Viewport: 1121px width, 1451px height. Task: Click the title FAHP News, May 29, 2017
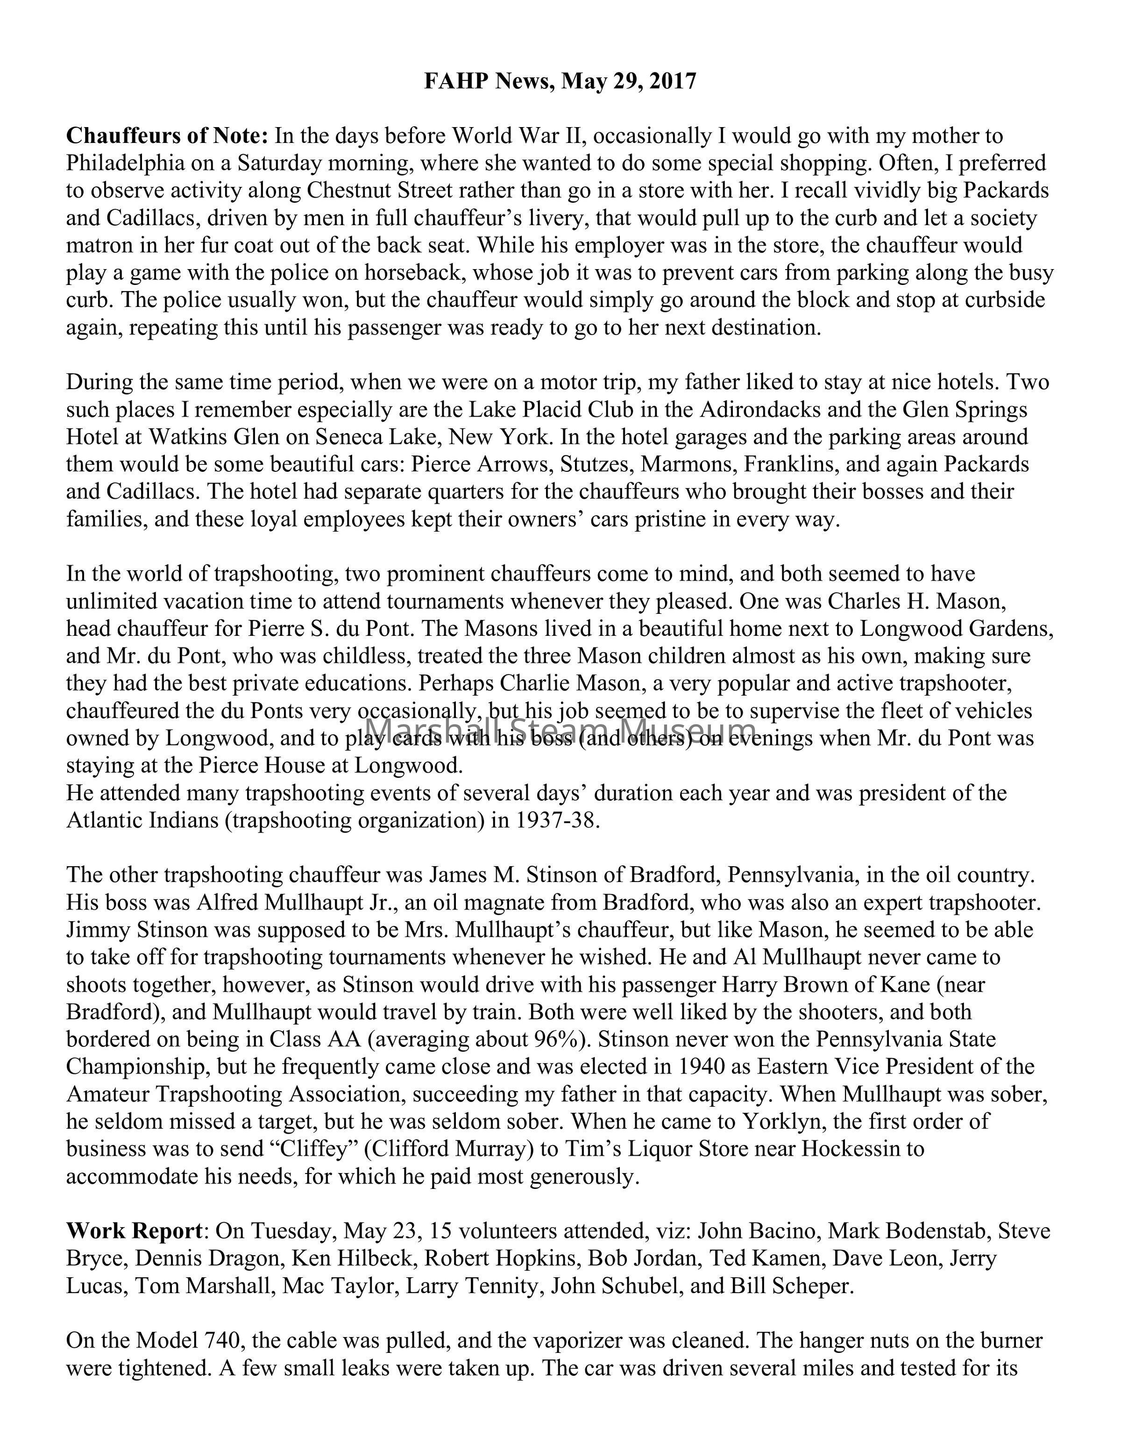[560, 81]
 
